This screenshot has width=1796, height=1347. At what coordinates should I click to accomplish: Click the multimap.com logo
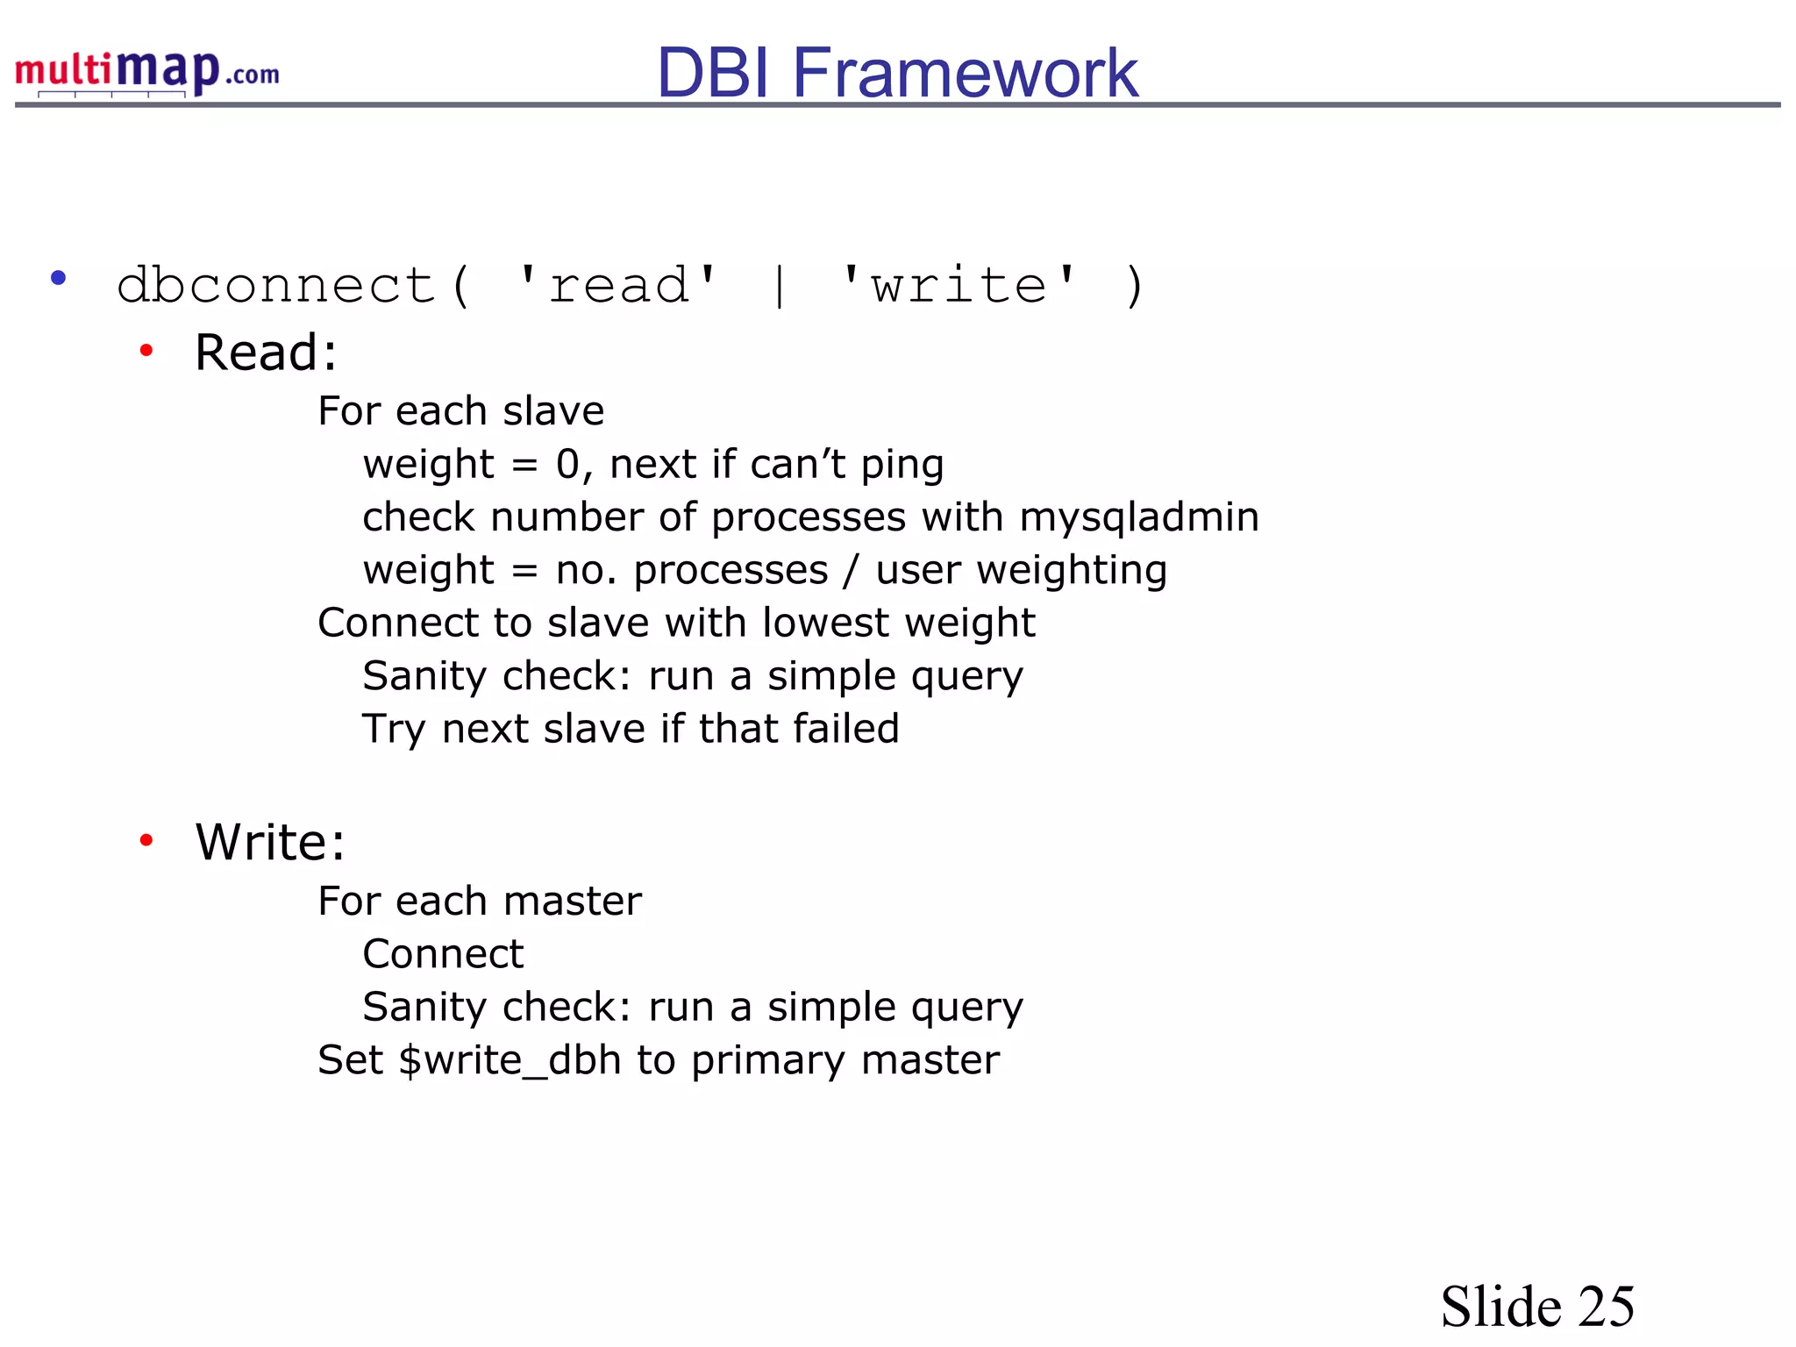click(147, 72)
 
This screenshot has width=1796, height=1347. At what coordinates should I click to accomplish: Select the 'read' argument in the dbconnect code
click(618, 285)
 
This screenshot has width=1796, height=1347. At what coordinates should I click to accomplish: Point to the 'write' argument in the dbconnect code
click(959, 285)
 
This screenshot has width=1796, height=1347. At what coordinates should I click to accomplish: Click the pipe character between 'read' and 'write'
click(780, 287)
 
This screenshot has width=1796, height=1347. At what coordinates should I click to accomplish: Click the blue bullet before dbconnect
click(59, 279)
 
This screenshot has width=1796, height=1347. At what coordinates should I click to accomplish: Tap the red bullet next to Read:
click(146, 351)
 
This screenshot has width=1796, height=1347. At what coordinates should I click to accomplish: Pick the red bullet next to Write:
click(146, 840)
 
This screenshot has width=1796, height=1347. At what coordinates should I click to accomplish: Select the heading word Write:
click(270, 842)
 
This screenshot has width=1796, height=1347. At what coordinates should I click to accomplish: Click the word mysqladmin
click(1139, 517)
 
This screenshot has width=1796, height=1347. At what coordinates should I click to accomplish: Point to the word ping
click(902, 466)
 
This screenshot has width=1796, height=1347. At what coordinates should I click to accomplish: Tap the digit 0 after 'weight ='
click(567, 465)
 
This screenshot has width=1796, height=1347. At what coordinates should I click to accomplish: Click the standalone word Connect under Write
click(443, 954)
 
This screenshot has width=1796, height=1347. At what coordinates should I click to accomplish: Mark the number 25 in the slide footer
click(1606, 1307)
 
